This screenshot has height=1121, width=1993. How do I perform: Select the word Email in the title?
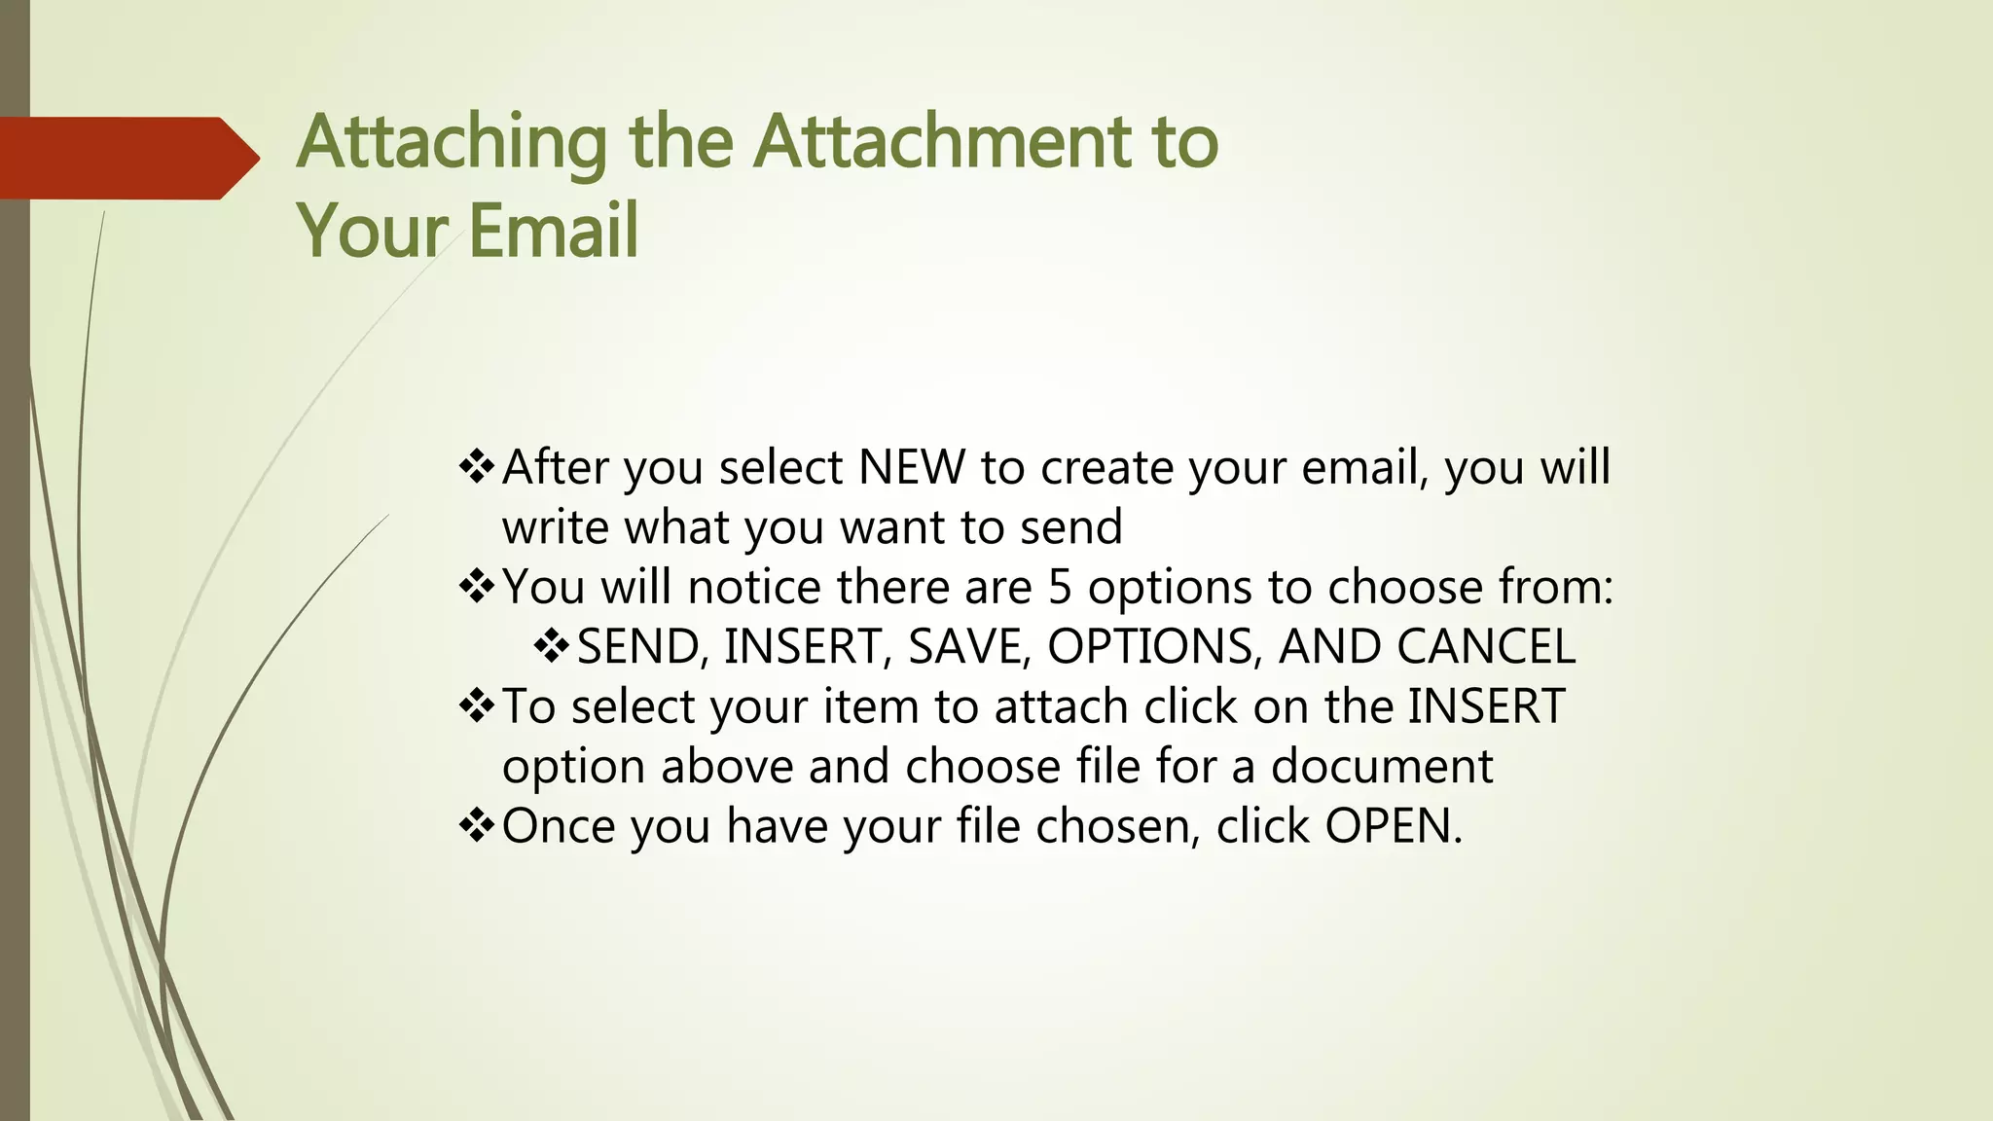[554, 231]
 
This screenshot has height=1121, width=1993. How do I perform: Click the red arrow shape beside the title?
[127, 158]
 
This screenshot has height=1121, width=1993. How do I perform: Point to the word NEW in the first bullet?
[912, 468]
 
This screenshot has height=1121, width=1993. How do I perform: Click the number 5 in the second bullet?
[1060, 588]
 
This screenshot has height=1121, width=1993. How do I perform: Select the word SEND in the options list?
[637, 647]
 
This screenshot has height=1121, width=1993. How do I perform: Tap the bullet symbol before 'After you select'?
[477, 467]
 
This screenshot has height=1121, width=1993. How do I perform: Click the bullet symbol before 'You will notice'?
[477, 587]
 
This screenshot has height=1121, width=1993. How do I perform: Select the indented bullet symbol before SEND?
[552, 647]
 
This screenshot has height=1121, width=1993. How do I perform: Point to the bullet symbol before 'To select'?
[477, 706]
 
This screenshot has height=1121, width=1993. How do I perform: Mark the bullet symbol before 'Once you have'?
[477, 826]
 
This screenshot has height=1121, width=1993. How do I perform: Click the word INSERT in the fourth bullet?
[1486, 706]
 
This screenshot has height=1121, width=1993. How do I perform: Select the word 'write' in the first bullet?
[556, 527]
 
